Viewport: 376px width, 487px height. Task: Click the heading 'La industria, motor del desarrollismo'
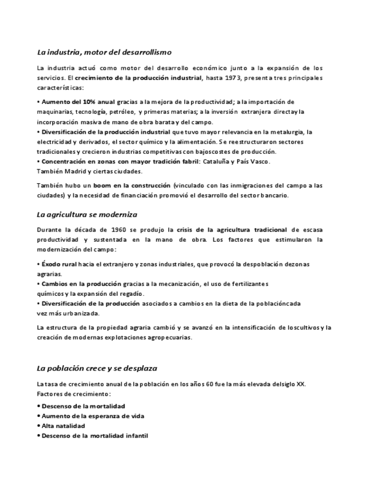pos(104,53)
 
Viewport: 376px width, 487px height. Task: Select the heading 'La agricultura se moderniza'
pos(87,214)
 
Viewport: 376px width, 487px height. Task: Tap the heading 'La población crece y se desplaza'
pos(96,368)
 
